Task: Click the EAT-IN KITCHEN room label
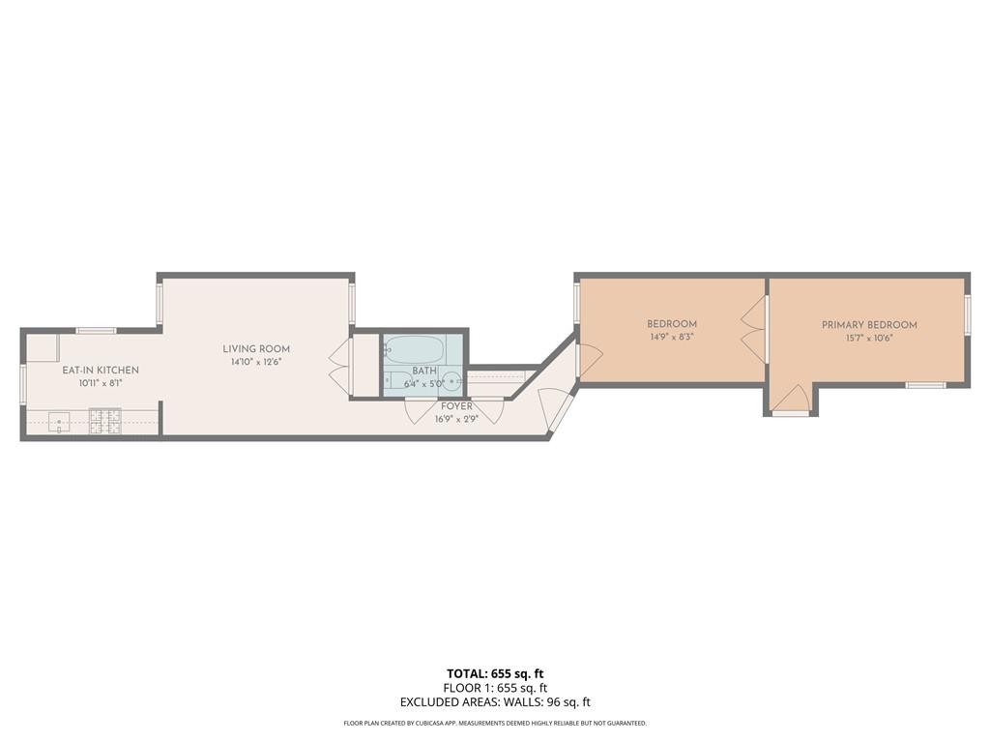pyautogui.click(x=101, y=371)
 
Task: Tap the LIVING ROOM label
pyautogui.click(x=256, y=349)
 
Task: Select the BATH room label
pyautogui.click(x=424, y=371)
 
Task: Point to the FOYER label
pyautogui.click(x=456, y=406)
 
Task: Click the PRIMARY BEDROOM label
pyautogui.click(x=869, y=325)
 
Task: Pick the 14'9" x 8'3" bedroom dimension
pyautogui.click(x=672, y=338)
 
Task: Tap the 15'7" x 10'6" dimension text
pyautogui.click(x=869, y=339)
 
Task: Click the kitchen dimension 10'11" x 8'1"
pyautogui.click(x=101, y=384)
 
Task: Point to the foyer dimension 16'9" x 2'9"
pyautogui.click(x=456, y=419)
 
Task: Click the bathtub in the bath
pyautogui.click(x=414, y=348)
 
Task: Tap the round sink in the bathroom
pyautogui.click(x=451, y=379)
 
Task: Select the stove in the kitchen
pyautogui.click(x=105, y=422)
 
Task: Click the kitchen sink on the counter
pyautogui.click(x=59, y=422)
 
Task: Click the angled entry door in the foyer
pyautogui.click(x=556, y=408)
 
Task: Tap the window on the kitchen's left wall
pyautogui.click(x=22, y=380)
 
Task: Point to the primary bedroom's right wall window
pyautogui.click(x=967, y=314)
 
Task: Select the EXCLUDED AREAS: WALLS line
pyautogui.click(x=495, y=703)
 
